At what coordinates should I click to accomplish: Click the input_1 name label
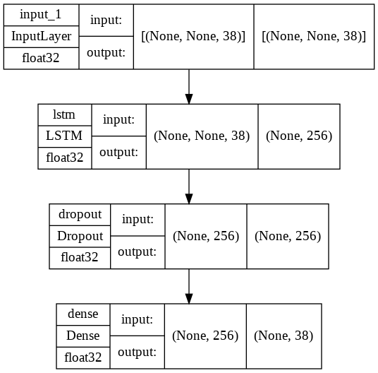41,15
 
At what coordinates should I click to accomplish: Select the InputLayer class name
41,36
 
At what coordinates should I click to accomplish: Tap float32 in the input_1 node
41,59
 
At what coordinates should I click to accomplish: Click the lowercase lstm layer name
65,115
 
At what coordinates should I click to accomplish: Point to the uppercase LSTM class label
65,136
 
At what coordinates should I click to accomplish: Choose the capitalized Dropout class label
80,236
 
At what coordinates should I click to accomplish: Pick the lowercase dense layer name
83,314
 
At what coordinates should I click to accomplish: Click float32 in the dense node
83,357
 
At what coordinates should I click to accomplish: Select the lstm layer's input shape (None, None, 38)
202,136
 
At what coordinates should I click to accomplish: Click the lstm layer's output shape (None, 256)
299,136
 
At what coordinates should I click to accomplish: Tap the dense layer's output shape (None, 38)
283,336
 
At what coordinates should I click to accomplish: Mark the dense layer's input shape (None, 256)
205,336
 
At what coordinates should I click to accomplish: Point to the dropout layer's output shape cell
287,236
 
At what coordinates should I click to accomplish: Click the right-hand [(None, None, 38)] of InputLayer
313,37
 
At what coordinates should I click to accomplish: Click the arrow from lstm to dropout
188,186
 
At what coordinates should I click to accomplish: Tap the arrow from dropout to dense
188,285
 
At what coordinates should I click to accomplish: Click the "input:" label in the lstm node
118,121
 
